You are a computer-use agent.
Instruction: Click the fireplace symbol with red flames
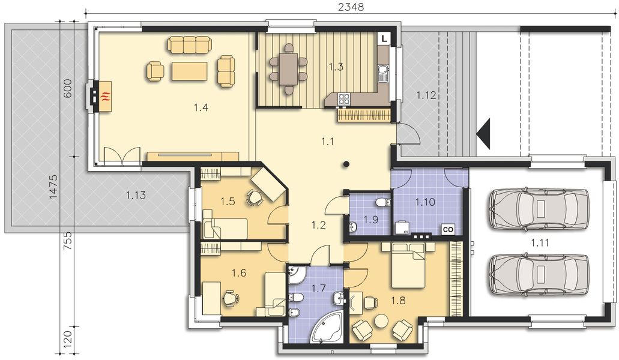[x=106, y=95]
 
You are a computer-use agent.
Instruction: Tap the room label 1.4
[x=201, y=107]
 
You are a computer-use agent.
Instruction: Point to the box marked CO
[x=447, y=229]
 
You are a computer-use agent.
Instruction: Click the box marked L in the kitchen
[x=384, y=38]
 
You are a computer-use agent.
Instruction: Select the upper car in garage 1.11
[x=539, y=209]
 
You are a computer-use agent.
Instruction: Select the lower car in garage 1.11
[x=539, y=274]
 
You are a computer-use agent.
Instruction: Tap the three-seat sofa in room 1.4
[x=190, y=44]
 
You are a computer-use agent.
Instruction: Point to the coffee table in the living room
[x=189, y=71]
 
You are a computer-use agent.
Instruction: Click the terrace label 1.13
[x=136, y=194]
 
